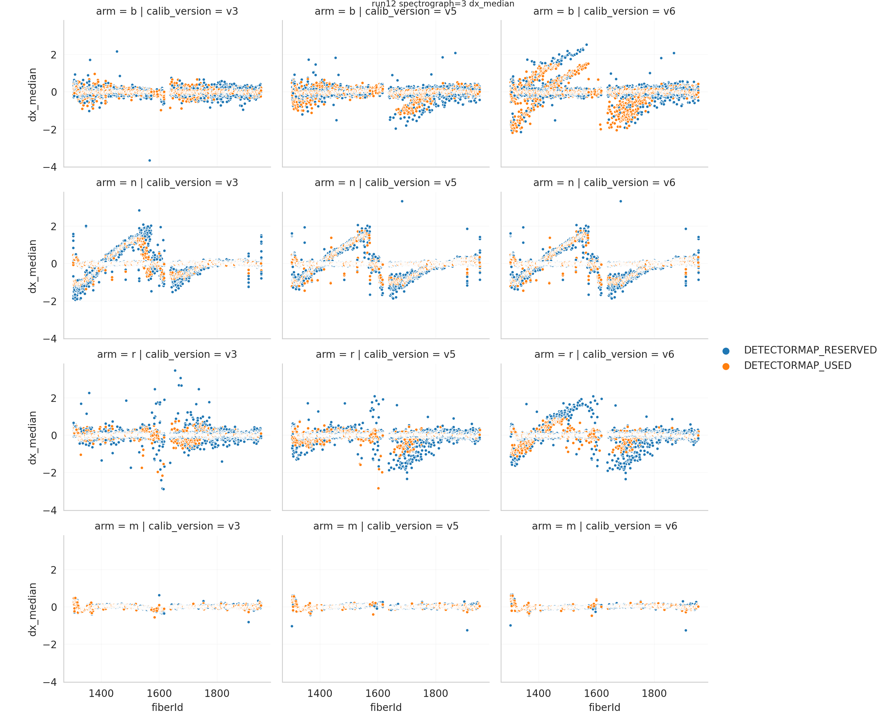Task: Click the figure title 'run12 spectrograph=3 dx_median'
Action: tap(443, 4)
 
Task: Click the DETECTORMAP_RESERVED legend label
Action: tap(810, 350)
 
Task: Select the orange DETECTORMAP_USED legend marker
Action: tap(726, 366)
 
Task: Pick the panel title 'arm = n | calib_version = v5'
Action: tap(386, 182)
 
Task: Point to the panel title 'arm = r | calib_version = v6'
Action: tap(604, 354)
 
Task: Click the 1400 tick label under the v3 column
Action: tap(101, 693)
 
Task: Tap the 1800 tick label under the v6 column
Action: tap(654, 693)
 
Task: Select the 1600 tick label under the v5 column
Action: tap(378, 693)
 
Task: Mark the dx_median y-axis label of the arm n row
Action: tap(33, 266)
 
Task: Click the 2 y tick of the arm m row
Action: tap(53, 570)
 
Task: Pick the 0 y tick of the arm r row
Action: tap(54, 436)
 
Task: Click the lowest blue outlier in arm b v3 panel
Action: tap(149, 160)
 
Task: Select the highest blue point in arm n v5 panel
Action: tap(402, 201)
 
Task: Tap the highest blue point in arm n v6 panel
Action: tap(620, 201)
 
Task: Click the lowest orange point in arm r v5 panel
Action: tap(378, 488)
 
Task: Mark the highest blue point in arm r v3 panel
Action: tap(175, 370)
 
